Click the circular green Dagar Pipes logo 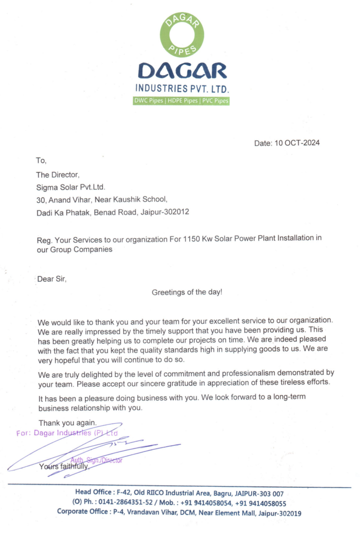point(182,34)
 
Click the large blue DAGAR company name point(182,71)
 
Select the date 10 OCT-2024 point(297,143)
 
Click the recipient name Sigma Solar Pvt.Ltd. point(71,187)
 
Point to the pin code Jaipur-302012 point(165,212)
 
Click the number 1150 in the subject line point(191,239)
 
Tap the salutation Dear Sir point(52,279)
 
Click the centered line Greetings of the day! point(187,292)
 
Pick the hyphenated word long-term point(289,397)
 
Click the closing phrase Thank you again point(67,423)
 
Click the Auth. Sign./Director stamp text point(96,460)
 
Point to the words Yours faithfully point(64,466)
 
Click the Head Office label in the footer point(93,492)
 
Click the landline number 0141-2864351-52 point(125,502)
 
